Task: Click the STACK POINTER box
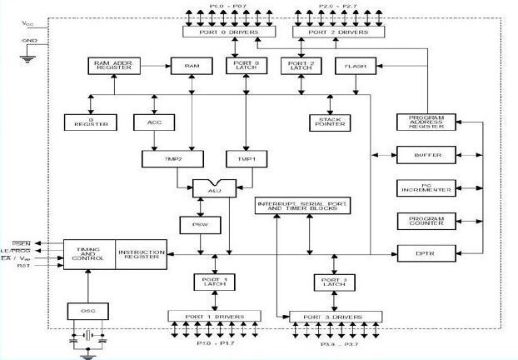[x=337, y=122]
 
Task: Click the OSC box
[x=87, y=311]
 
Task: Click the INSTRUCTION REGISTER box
[x=140, y=252]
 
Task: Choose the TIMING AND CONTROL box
[x=88, y=252]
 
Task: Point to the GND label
[x=30, y=39]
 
